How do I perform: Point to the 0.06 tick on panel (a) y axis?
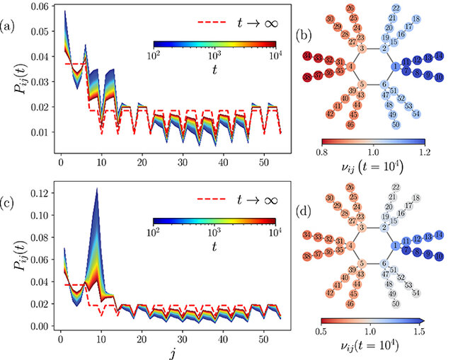point(36,8)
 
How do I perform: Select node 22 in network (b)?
point(395,8)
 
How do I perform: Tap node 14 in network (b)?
point(440,56)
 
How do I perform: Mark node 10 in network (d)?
point(440,256)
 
